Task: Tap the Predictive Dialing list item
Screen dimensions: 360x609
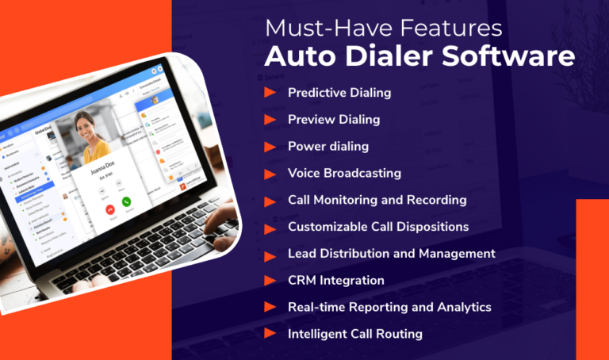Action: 339,93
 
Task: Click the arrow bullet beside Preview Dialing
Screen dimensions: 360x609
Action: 270,120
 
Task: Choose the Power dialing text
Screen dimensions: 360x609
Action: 328,147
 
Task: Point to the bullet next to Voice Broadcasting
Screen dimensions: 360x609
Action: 270,173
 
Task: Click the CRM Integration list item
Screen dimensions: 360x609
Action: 335,280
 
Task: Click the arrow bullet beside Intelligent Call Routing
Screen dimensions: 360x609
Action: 270,334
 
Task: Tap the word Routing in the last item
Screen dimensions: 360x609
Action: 398,334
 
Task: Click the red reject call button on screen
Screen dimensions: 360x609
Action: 109,211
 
